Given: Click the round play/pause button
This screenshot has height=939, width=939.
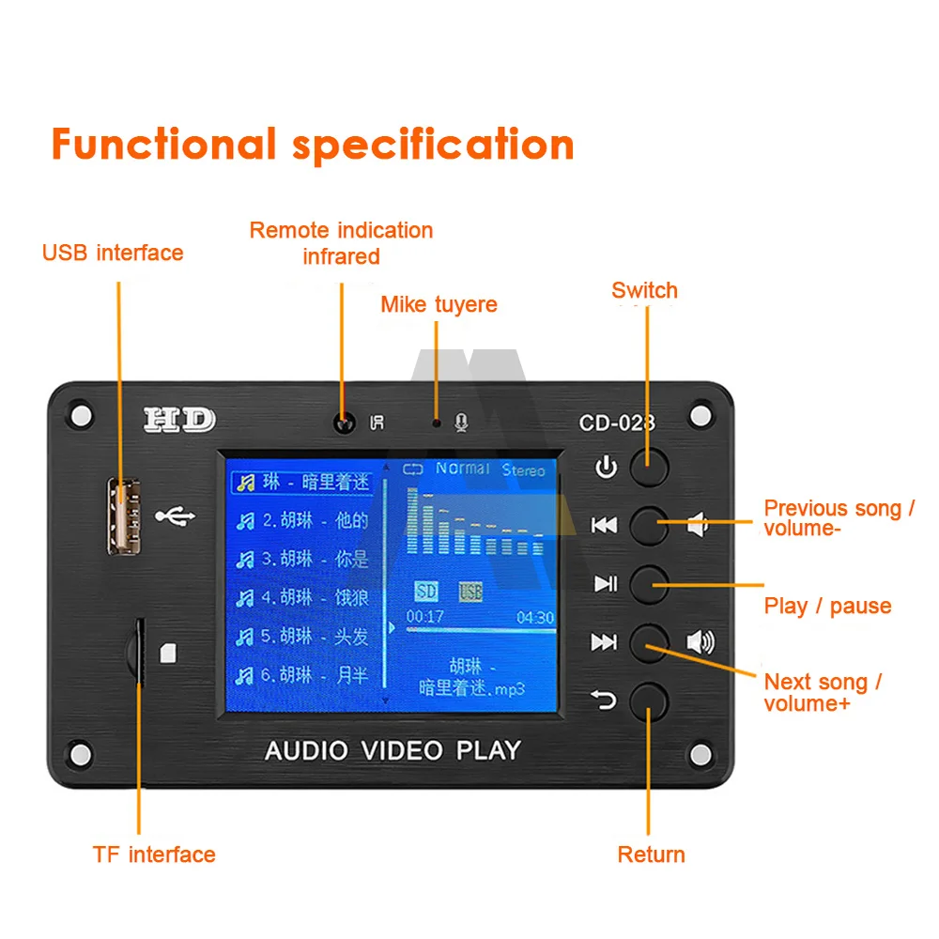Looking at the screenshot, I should [x=649, y=584].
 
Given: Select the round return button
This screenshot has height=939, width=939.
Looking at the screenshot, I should [x=649, y=700].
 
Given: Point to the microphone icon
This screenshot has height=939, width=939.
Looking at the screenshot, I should [x=461, y=423].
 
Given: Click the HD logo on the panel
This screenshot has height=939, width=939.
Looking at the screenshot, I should [x=179, y=420].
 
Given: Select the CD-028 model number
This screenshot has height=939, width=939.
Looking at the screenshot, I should [x=617, y=423].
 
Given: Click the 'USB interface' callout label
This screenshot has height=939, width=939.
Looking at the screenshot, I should [x=113, y=253].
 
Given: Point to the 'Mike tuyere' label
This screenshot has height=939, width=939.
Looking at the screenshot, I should [x=439, y=304].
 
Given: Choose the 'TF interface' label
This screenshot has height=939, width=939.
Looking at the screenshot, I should [x=154, y=854].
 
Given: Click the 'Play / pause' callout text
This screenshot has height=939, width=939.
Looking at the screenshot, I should [x=827, y=606].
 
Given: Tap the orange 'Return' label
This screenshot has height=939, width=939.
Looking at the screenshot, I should [x=651, y=854].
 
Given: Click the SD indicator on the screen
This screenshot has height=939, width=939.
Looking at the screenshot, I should [x=426, y=591].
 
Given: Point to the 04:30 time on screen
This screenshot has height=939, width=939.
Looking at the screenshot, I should [x=535, y=618].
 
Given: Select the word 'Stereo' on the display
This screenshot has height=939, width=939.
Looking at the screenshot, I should [x=523, y=469].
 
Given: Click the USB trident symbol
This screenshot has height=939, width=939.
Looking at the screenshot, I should [x=176, y=516].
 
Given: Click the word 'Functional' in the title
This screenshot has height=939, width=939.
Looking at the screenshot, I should [x=163, y=146].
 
